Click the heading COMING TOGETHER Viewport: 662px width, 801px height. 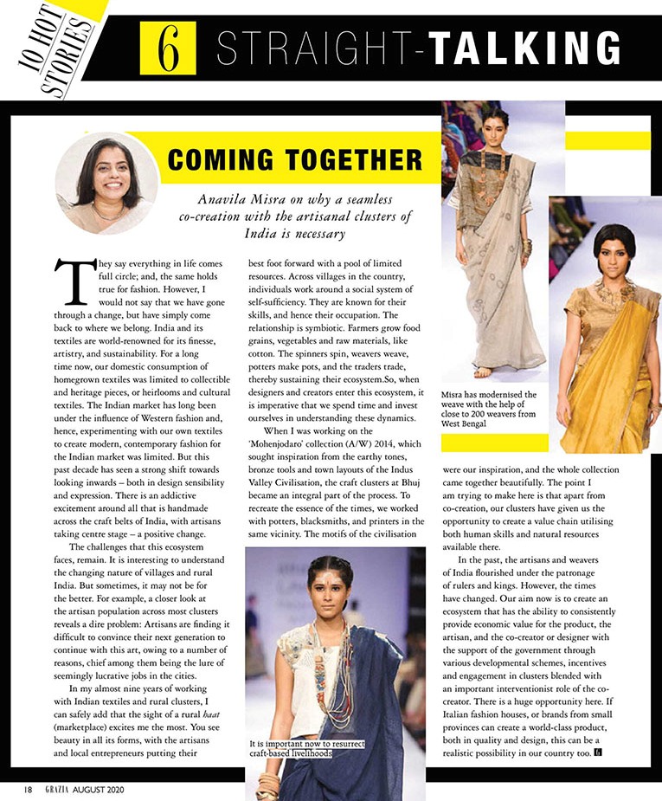click(296, 160)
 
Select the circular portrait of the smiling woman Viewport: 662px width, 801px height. click(107, 182)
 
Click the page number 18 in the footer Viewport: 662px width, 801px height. click(28, 789)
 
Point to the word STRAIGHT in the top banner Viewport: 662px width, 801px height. click(316, 48)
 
